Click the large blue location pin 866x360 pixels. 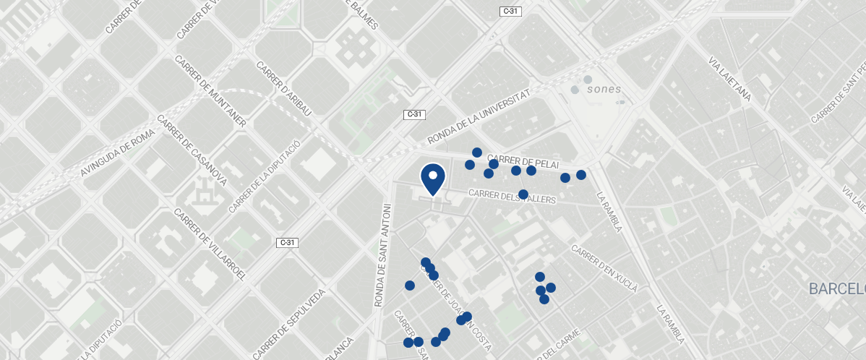pos(432,178)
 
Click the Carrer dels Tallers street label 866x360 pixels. pos(512,195)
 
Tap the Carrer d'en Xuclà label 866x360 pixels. pos(604,268)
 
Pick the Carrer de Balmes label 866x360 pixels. pos(363,14)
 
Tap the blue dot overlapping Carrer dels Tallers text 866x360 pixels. pos(523,194)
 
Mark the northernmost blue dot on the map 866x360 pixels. pos(477,152)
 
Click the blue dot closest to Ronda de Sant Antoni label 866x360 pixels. pos(410,286)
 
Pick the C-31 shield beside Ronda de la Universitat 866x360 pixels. pos(414,114)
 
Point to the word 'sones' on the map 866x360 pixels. pos(604,90)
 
